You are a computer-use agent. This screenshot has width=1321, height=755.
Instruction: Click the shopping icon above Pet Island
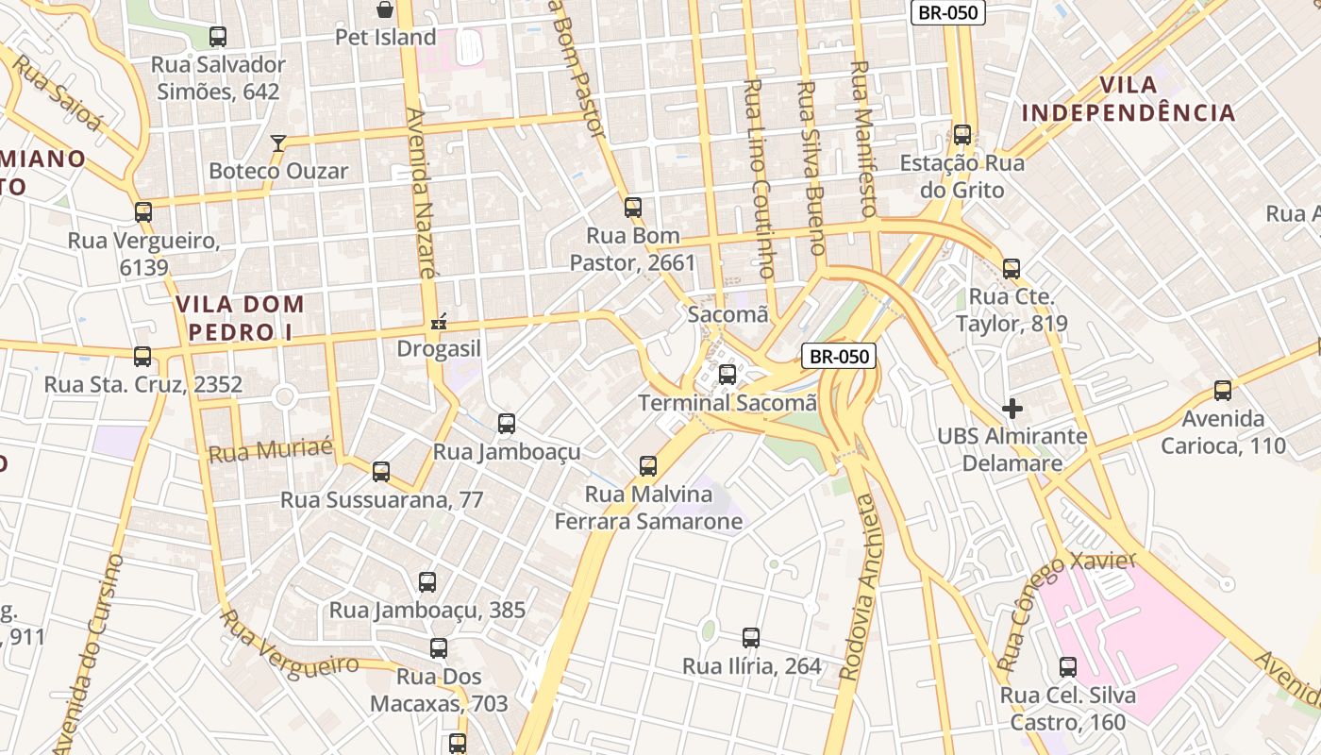[385, 10]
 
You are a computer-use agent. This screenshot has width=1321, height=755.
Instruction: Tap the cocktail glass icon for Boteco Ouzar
[278, 143]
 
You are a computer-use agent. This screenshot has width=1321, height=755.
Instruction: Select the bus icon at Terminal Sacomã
[727, 375]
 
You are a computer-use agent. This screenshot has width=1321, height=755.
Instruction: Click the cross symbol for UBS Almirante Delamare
[1012, 409]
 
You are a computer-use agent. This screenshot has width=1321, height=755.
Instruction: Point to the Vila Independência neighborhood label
[1129, 99]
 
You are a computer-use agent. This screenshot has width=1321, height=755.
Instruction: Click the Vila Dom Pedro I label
[240, 318]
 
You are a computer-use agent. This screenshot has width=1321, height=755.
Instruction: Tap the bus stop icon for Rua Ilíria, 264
[751, 638]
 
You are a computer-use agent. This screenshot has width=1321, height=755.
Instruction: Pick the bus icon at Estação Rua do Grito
[961, 135]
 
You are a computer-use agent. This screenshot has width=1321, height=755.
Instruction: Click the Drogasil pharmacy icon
[438, 323]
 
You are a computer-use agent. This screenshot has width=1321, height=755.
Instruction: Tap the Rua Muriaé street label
[271, 450]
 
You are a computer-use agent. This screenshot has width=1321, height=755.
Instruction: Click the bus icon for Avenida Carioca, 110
[1223, 390]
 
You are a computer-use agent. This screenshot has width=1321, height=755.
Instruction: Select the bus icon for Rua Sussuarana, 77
[381, 471]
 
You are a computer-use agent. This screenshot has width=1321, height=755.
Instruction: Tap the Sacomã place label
[727, 314]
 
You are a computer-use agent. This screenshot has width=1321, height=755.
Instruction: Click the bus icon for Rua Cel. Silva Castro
[1067, 667]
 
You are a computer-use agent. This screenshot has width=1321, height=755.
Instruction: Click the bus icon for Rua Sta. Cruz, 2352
[142, 357]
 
